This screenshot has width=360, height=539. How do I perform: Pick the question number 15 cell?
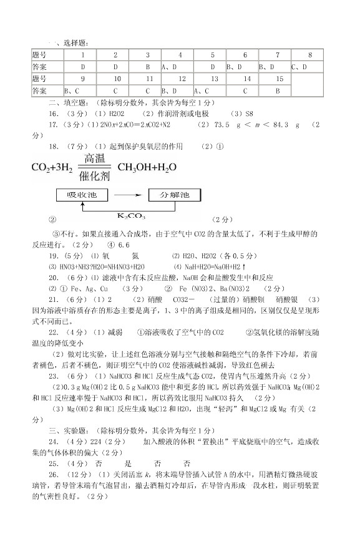[x=279, y=79]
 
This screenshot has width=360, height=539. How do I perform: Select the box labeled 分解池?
[x=177, y=195]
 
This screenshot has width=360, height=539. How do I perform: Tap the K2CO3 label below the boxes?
[x=132, y=216]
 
